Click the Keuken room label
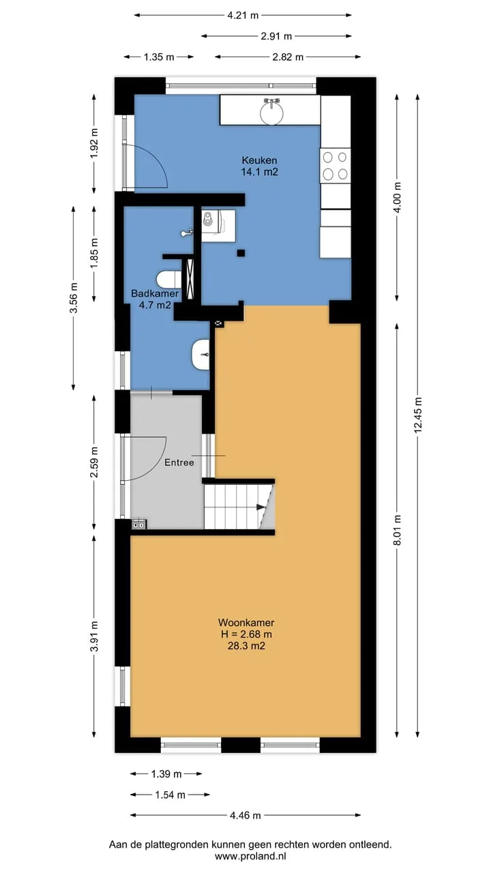(259, 160)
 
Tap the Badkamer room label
(155, 293)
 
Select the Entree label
(179, 462)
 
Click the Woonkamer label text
(246, 623)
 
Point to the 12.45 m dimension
(418, 415)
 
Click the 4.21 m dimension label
(243, 15)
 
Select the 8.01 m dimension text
(397, 530)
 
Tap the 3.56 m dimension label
(73, 298)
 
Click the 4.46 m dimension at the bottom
(245, 815)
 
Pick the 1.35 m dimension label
(159, 57)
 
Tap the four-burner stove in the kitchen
(335, 166)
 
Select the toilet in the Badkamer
(169, 280)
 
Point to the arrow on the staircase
(261, 507)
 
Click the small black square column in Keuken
(241, 253)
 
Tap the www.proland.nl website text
(250, 856)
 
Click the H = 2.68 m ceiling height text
(246, 634)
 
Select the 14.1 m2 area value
(260, 172)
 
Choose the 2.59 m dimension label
(94, 462)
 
